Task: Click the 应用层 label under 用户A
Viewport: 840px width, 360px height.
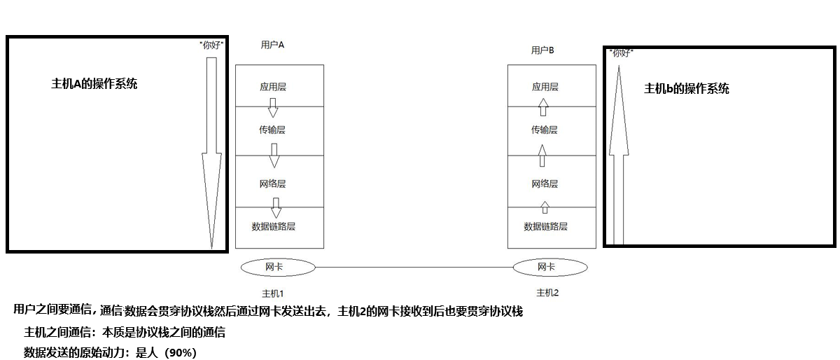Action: point(273,87)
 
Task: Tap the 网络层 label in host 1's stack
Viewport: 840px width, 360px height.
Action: point(273,184)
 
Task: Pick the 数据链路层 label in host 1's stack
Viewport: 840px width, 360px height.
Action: point(274,226)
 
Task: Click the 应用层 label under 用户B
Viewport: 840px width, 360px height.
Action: point(545,87)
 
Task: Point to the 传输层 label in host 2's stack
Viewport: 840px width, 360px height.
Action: point(545,130)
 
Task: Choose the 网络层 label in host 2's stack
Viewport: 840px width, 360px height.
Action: point(545,184)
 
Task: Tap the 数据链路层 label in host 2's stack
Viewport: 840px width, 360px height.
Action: point(545,226)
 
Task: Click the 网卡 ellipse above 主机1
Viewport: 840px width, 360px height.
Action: point(278,267)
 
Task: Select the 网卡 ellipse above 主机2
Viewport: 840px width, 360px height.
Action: point(550,267)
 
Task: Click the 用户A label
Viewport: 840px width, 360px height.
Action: point(272,45)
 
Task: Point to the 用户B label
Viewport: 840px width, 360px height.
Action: point(542,50)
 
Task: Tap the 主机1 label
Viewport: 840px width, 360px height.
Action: point(273,292)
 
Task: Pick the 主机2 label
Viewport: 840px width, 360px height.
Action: point(547,292)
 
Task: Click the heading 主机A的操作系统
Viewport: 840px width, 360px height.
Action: point(94,83)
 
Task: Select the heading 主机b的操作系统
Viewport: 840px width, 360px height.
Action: point(687,88)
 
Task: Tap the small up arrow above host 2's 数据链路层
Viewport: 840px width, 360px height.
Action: point(545,207)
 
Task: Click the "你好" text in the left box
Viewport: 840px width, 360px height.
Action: point(211,45)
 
